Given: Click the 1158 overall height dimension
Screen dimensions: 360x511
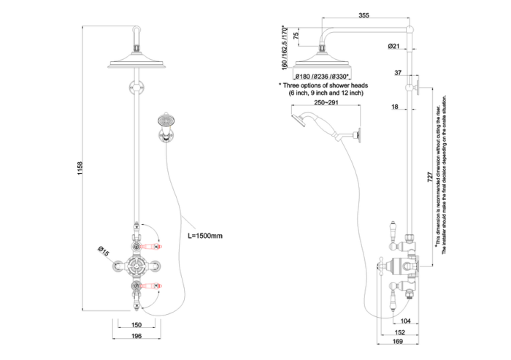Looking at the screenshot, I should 81,167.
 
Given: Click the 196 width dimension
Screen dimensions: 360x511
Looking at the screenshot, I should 136,336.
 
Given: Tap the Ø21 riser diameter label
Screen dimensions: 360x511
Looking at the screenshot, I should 395,47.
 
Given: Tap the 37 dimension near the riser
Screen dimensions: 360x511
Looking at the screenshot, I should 398,73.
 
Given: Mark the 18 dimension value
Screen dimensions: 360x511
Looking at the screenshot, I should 394,107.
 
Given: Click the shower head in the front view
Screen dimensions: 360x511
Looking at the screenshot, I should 137,61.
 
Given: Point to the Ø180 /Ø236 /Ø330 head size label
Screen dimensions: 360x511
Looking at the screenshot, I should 320,75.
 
